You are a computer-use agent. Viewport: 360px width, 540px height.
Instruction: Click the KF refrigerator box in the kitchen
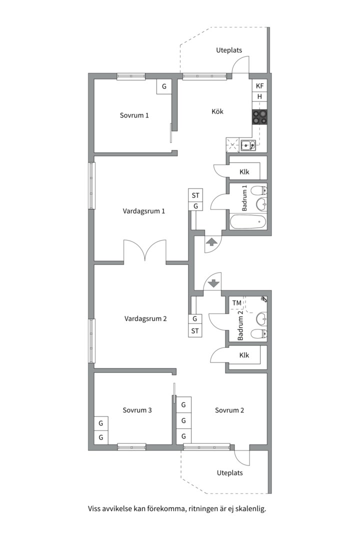pos(259,86)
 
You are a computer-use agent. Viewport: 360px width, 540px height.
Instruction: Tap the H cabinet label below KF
pos(259,97)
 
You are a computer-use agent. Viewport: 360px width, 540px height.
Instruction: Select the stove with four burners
pos(259,116)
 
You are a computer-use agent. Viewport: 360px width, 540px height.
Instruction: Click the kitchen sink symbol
pos(248,145)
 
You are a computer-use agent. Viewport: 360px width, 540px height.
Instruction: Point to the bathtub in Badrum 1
pos(248,222)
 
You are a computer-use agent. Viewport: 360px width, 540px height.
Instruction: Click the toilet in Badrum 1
pos(259,190)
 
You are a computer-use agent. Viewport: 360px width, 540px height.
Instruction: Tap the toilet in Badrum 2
pos(259,333)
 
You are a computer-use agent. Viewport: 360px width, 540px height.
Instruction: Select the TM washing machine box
pos(236,303)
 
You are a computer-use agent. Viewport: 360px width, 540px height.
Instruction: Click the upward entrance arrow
pos(211,242)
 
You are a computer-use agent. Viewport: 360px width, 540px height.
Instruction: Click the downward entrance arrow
pos(214,283)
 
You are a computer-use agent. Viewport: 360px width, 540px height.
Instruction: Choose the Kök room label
pos(217,111)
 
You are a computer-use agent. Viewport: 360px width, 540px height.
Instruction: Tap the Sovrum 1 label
pos(134,115)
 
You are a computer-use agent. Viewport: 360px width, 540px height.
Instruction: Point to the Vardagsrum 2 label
pos(145,318)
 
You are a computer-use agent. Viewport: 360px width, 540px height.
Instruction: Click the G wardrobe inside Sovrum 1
pos(164,86)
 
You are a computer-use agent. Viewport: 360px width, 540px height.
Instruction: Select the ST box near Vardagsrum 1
pos(195,195)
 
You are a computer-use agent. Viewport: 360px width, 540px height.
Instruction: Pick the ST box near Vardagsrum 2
pos(195,331)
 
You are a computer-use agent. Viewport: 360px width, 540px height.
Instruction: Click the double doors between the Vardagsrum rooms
pos(145,251)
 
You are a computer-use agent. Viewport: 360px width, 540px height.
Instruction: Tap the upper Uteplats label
pos(229,50)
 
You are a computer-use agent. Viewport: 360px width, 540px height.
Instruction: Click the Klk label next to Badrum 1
pos(244,172)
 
